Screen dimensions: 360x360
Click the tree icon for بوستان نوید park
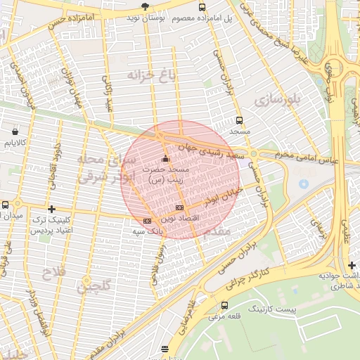coord(145,7)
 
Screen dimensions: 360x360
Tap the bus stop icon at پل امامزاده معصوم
coord(202,7)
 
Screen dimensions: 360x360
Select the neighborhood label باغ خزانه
coord(150,74)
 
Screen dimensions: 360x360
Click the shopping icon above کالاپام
coord(15,130)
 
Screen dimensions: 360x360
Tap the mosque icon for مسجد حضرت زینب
coord(165,157)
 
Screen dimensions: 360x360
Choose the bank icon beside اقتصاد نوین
coord(179,207)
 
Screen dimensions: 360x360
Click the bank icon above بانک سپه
coord(146,221)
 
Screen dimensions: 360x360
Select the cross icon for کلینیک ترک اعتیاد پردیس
coord(51,209)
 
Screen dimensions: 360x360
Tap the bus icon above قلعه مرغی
coord(224,305)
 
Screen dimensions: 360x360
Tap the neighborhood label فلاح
coord(53,272)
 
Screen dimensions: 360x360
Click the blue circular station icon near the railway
coord(303,184)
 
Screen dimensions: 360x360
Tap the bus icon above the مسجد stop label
coord(240,120)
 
